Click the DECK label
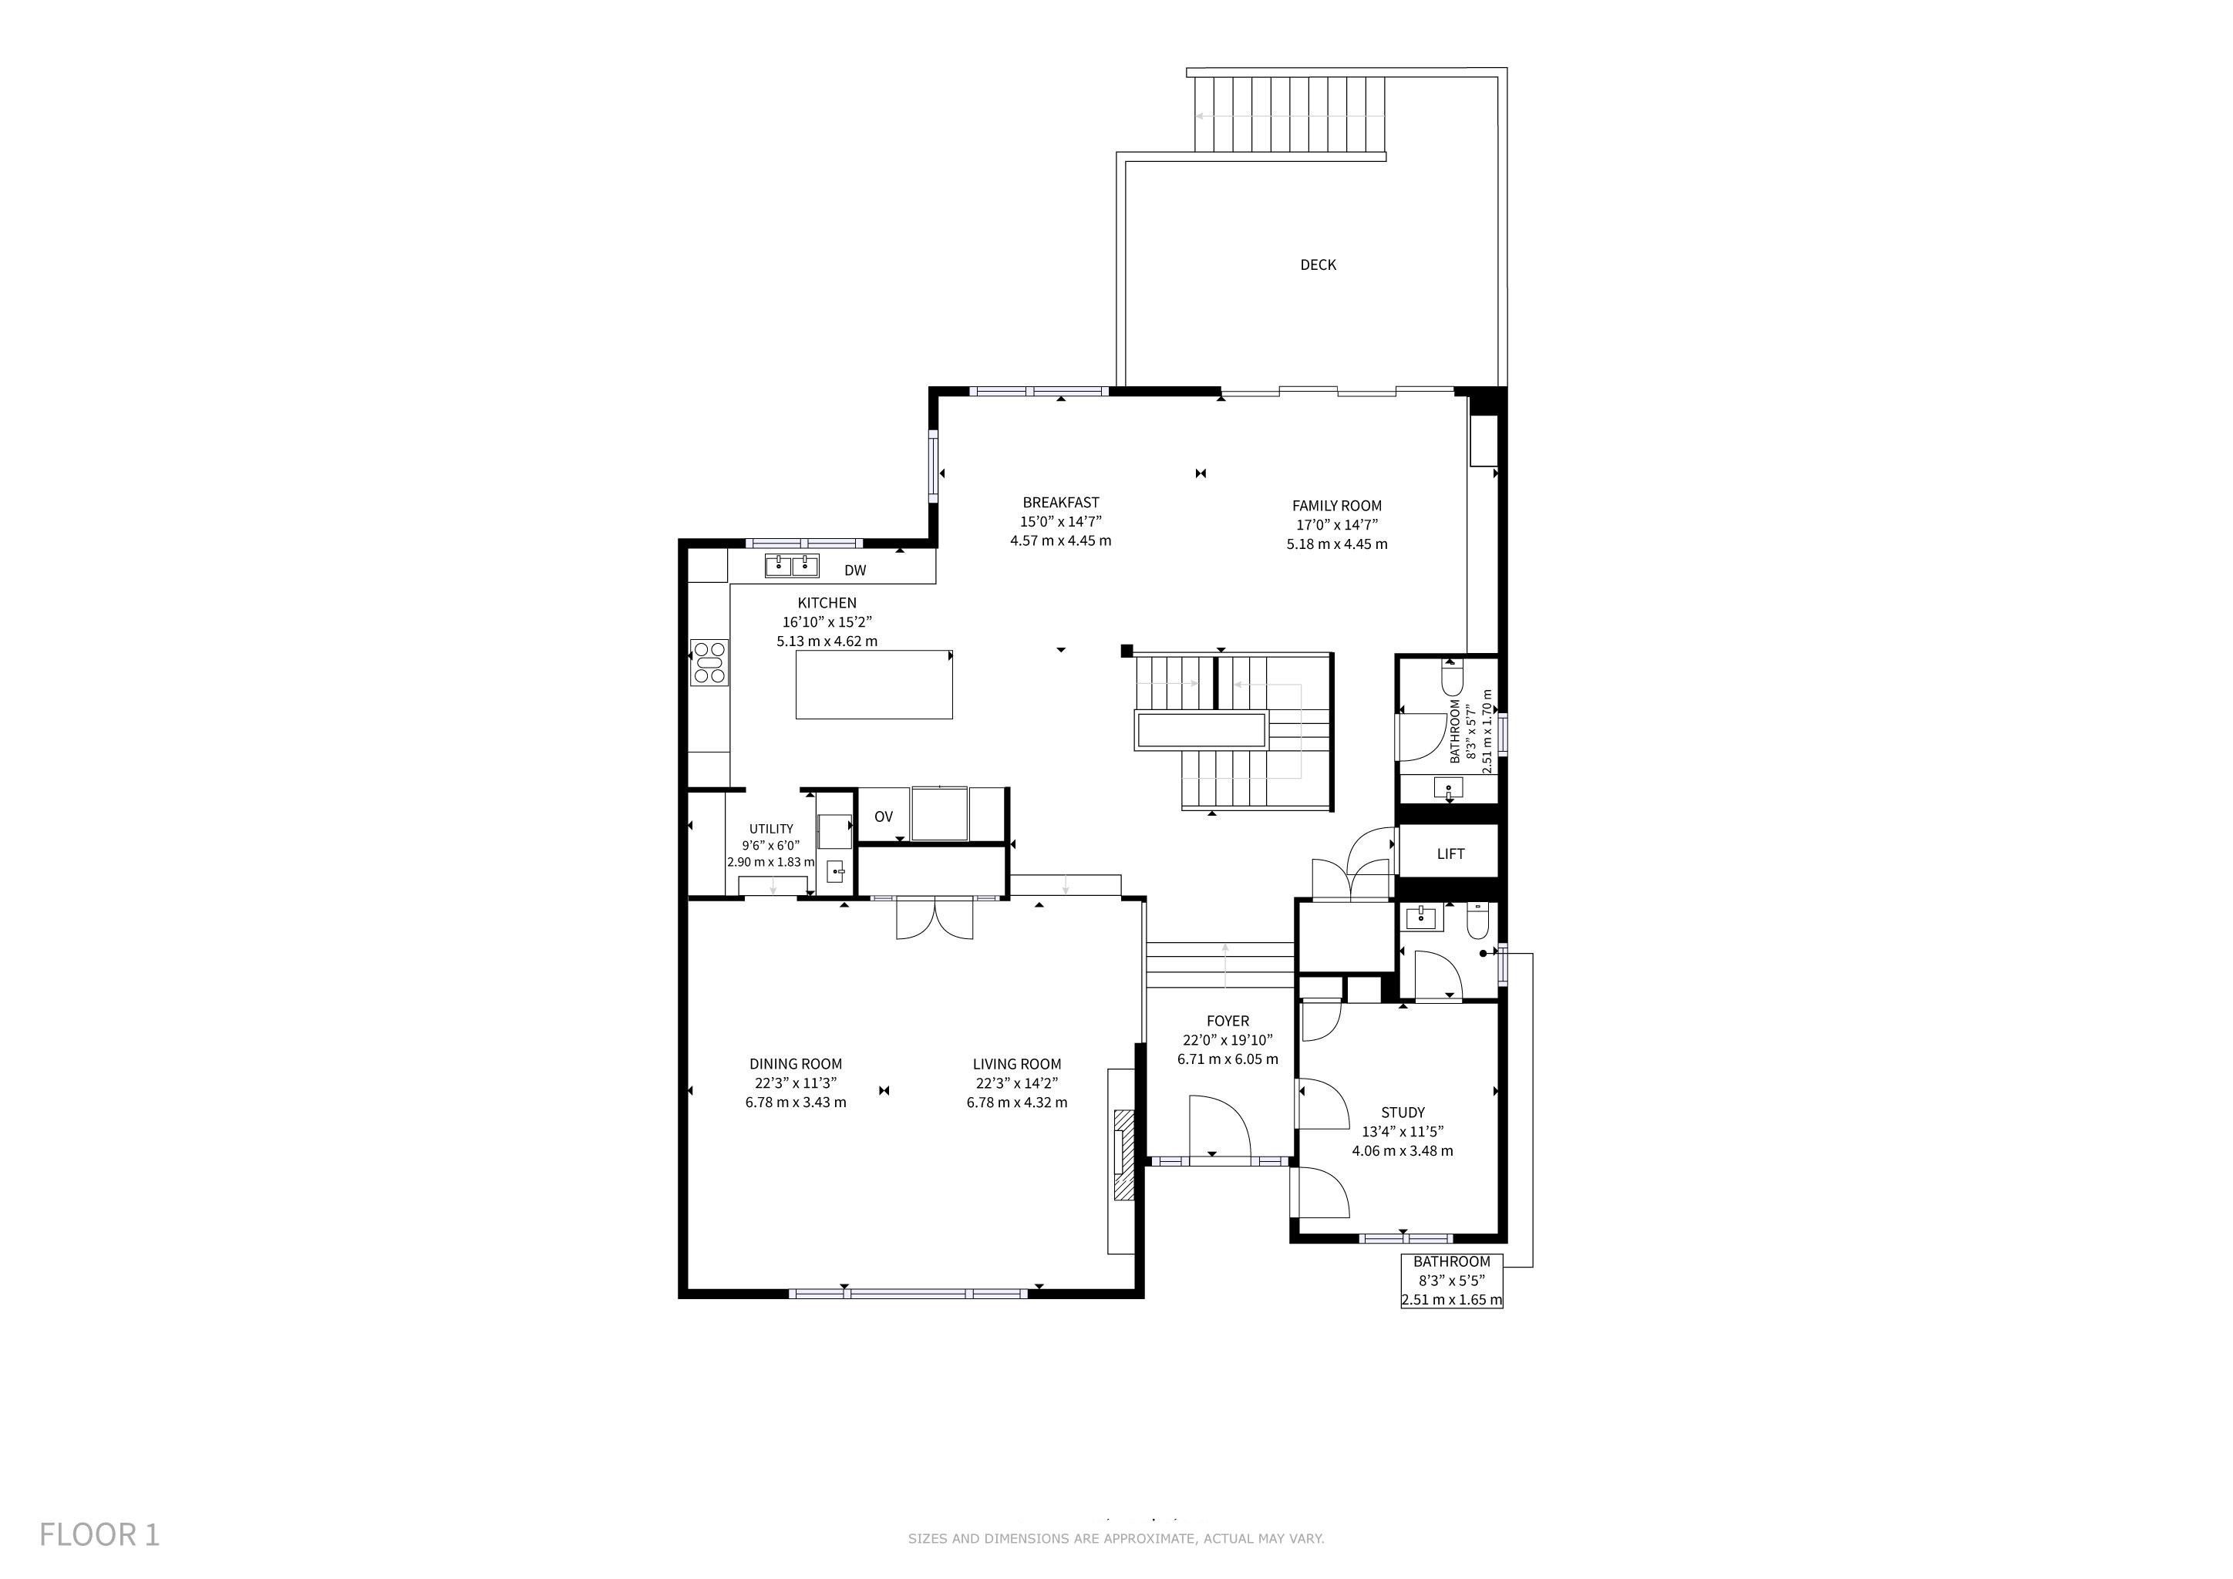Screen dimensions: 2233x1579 1318,264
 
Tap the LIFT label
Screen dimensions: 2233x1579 1450,853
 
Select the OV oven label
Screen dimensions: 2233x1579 883,816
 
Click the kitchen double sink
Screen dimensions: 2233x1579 792,565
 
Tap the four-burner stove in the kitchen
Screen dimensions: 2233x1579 709,662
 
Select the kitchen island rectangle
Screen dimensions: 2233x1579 874,685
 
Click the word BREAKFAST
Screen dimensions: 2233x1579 1060,503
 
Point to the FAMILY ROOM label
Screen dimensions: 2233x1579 1336,506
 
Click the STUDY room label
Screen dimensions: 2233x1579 1403,1113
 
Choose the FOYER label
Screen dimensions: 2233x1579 1228,1021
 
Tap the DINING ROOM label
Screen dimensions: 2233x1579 796,1064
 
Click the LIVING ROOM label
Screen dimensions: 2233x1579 1016,1064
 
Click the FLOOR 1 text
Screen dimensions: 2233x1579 99,1534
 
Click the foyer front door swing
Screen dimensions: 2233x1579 1218,1126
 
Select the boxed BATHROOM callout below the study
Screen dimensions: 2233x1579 1451,1281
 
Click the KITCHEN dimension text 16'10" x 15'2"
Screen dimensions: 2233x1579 827,622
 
